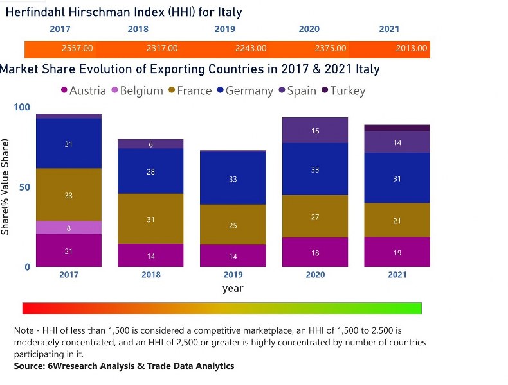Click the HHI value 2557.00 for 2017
pos(77,49)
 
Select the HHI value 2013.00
pos(411,49)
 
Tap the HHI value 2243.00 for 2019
pos(245,49)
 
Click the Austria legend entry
pos(84,90)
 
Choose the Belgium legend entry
pos(137,90)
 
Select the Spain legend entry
pos(297,90)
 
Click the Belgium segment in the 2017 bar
pos(68,228)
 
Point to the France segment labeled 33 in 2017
pos(68,195)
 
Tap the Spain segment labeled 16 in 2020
pos(315,131)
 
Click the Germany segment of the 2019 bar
pos(233,178)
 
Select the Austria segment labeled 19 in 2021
pos(397,252)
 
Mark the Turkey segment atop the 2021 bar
pos(397,128)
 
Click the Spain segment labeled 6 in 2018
pos(150,144)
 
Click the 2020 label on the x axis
pos(315,275)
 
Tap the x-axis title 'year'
pos(233,289)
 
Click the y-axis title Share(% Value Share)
pos(6,187)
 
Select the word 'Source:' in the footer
pos(31,366)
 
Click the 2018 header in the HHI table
pos(138,29)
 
